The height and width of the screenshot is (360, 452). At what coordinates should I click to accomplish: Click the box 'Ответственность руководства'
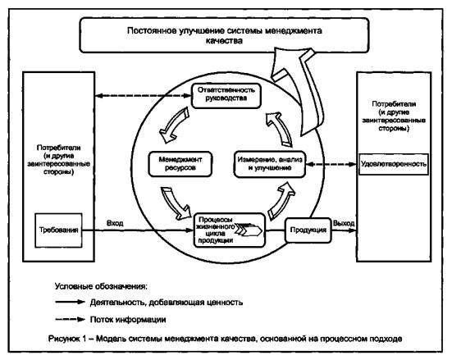(x=226, y=96)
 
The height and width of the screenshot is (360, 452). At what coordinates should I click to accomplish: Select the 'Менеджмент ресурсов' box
(x=180, y=164)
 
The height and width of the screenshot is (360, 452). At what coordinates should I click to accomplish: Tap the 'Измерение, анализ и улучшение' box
(x=270, y=164)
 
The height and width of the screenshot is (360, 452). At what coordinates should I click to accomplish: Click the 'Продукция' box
(x=308, y=230)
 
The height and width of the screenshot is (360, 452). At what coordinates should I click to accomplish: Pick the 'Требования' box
(x=58, y=230)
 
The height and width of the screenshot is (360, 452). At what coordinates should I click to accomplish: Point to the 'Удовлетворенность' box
(x=394, y=164)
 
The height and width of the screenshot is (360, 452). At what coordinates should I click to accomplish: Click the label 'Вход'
(x=115, y=223)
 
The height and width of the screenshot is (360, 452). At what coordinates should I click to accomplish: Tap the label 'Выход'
(x=344, y=223)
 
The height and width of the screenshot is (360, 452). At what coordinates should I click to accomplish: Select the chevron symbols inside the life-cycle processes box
(x=249, y=230)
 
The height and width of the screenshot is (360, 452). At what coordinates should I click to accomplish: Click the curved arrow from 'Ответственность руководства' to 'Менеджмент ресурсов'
(x=173, y=126)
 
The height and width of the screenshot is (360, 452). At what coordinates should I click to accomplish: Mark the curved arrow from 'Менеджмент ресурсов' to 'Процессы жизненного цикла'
(x=176, y=203)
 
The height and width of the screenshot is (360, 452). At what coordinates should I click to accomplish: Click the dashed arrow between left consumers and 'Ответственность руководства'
(x=144, y=96)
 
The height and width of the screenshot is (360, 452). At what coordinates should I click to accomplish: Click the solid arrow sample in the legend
(x=70, y=302)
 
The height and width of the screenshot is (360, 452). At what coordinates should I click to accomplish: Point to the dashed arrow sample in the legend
(x=70, y=319)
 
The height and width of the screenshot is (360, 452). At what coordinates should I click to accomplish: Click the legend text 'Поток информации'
(x=128, y=319)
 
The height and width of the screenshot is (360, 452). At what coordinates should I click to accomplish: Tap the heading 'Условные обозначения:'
(x=101, y=286)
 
